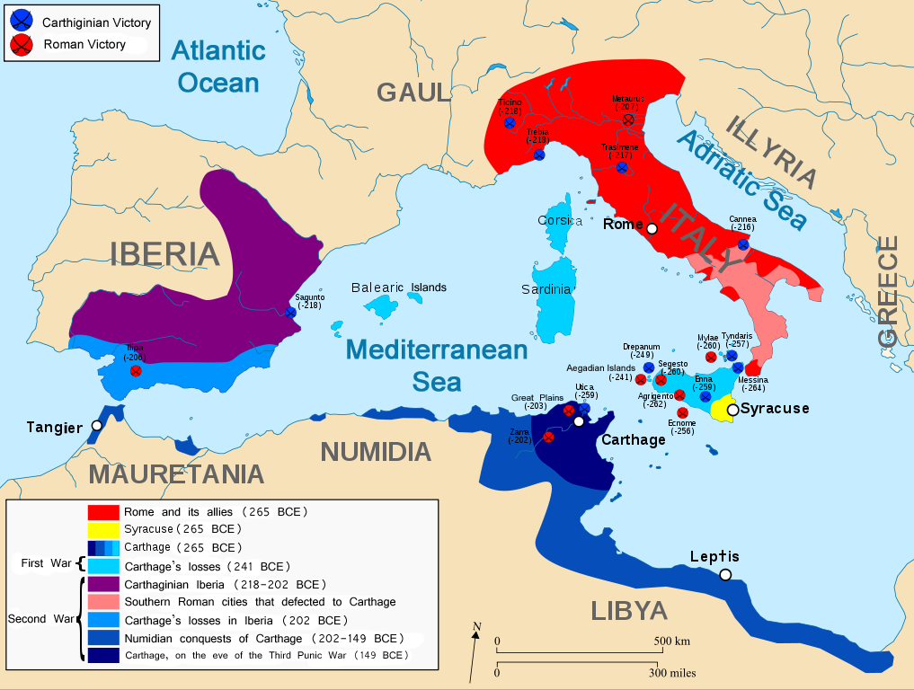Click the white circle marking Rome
point(652,228)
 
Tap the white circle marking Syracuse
point(732,410)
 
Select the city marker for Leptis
point(724,575)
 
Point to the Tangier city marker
point(95,426)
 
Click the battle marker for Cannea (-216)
point(743,244)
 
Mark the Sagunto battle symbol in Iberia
point(290,312)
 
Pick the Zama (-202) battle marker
point(548,438)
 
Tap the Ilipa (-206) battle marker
point(136,370)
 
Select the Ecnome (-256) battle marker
point(682,412)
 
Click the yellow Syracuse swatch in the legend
point(103,529)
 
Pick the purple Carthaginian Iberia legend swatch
point(103,584)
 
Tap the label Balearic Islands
point(398,287)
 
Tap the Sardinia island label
point(546,289)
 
